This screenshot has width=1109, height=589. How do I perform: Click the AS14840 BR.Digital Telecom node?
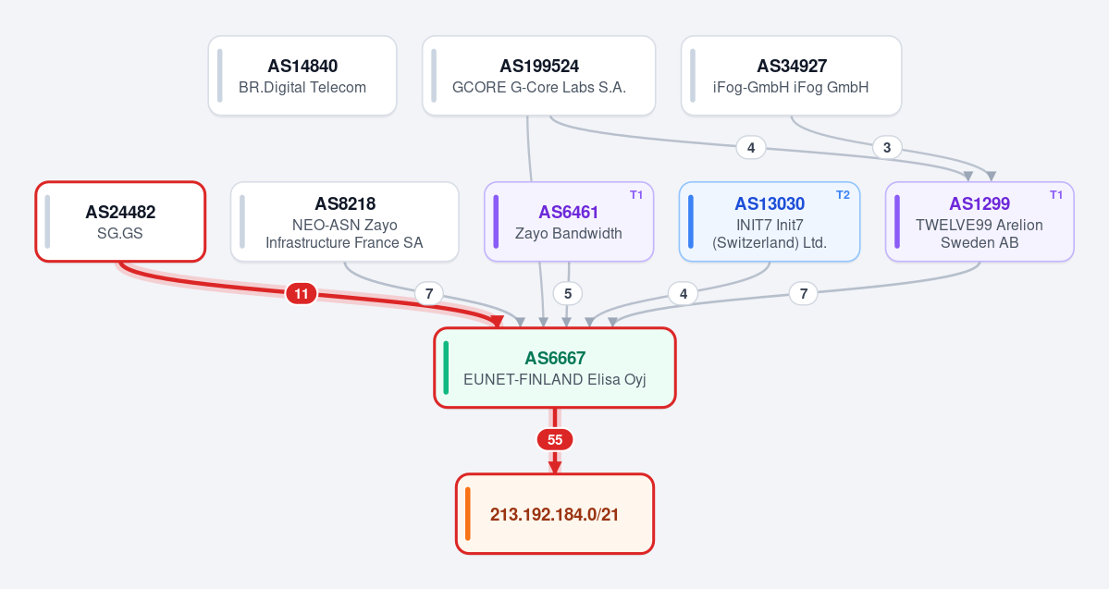pos(302,76)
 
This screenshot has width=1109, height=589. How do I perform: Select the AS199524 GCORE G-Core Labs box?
pos(539,76)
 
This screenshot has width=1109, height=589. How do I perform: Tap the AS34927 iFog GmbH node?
pos(792,76)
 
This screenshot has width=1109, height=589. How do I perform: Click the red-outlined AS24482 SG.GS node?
pos(120,221)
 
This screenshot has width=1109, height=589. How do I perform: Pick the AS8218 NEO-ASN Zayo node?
pos(344,221)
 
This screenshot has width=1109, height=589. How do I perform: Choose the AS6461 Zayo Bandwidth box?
pos(569,221)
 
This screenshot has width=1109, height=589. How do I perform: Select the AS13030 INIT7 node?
pos(770,221)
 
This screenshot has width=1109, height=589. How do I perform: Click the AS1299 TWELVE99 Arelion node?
pos(980,221)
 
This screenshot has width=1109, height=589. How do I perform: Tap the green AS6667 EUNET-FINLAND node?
pos(555,368)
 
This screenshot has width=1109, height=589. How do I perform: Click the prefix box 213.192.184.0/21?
pos(555,514)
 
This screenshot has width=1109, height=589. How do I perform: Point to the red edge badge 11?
pos(302,293)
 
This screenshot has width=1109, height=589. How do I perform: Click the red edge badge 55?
pos(555,440)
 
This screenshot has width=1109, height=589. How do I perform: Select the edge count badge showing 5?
pos(568,293)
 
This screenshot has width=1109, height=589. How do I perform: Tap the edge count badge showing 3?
pos(887,148)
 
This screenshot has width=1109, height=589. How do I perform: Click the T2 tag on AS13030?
pos(843,195)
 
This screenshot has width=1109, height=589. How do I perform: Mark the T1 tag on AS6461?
pos(636,195)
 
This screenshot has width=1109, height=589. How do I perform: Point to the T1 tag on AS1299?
pos(1056,195)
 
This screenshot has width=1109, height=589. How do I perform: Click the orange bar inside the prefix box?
pos(468,514)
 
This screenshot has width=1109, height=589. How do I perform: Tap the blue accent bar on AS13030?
pos(691,221)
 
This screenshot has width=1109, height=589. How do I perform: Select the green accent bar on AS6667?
pos(447,368)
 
